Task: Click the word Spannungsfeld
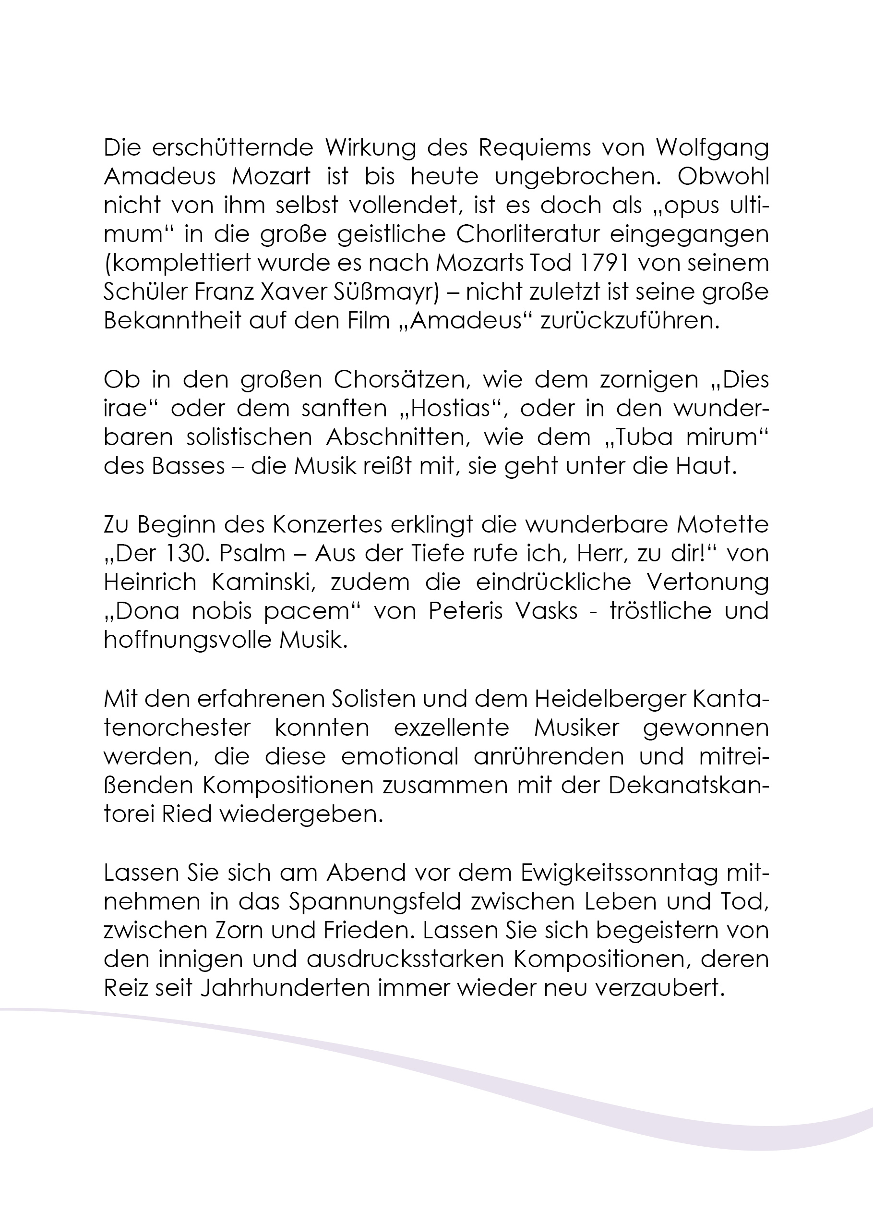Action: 375,901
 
